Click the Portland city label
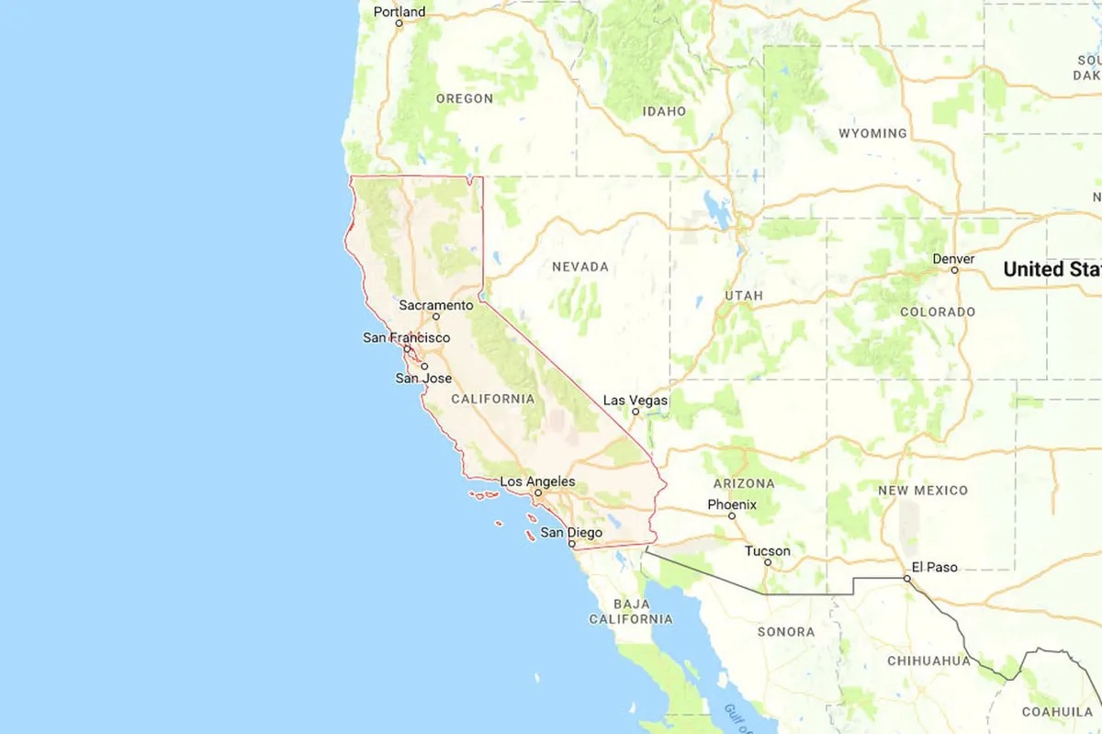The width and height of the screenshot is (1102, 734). [x=399, y=12]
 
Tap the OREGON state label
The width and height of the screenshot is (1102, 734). [x=464, y=98]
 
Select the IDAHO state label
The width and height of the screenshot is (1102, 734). [x=664, y=111]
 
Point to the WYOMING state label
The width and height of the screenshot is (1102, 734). [x=872, y=133]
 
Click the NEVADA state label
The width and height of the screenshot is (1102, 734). [x=579, y=266]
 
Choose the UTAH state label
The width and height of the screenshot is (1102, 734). [x=744, y=296]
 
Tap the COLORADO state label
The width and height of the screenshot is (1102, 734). [x=938, y=311]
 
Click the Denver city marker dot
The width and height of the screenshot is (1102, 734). [x=955, y=270]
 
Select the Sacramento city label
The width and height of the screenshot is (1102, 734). [x=436, y=304]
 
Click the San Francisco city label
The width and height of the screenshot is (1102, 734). [x=407, y=337]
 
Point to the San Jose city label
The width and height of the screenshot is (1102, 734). [x=423, y=378]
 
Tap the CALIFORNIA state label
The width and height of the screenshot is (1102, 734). [x=492, y=399]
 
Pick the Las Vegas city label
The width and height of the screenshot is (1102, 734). [x=635, y=400]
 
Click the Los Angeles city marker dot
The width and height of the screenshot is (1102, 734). [x=539, y=492]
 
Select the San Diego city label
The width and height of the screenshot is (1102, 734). [x=571, y=532]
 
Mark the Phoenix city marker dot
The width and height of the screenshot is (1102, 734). [x=732, y=515]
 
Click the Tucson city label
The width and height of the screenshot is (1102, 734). [x=767, y=551]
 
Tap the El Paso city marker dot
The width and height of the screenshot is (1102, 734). [x=906, y=579]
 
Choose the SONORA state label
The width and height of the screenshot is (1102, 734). [x=785, y=632]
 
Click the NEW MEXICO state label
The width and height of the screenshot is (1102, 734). [x=923, y=491]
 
